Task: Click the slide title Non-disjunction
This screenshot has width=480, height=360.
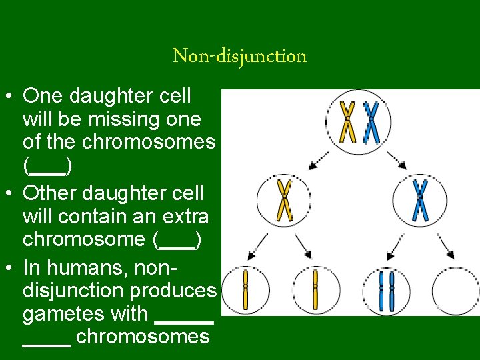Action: pyautogui.click(x=240, y=56)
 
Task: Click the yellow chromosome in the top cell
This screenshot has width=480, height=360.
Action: pyautogui.click(x=347, y=122)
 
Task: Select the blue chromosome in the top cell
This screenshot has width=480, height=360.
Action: pyautogui.click(x=371, y=122)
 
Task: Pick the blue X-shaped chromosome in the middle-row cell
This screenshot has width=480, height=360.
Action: pyautogui.click(x=420, y=200)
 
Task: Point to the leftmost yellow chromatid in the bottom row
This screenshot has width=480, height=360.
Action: pyautogui.click(x=245, y=291)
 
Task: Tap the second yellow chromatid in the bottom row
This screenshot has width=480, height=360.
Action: pyautogui.click(x=315, y=291)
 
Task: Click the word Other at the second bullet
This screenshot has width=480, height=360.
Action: pyautogui.click(x=51, y=193)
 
